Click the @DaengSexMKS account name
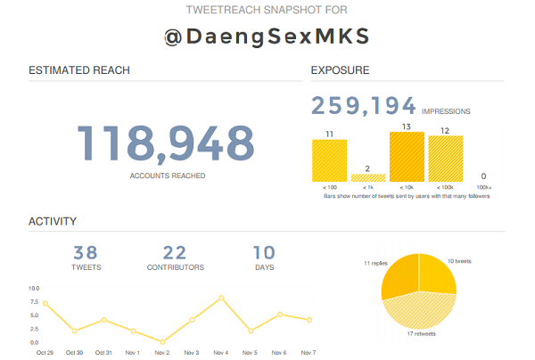[x=267, y=37]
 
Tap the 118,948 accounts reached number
[x=167, y=143]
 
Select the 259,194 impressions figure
[x=363, y=107]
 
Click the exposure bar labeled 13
[x=407, y=157]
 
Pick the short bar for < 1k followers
[x=368, y=177]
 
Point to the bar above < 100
[x=329, y=160]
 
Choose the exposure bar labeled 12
[x=445, y=159]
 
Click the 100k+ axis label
[x=483, y=188]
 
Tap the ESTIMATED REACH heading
[x=79, y=70]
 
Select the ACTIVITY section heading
[x=53, y=221]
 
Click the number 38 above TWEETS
[x=86, y=252]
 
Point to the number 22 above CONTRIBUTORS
[x=175, y=252]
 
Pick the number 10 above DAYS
[x=264, y=252]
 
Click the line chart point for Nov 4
[x=221, y=298]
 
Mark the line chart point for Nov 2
[x=162, y=341]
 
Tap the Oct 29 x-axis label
[x=45, y=353]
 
